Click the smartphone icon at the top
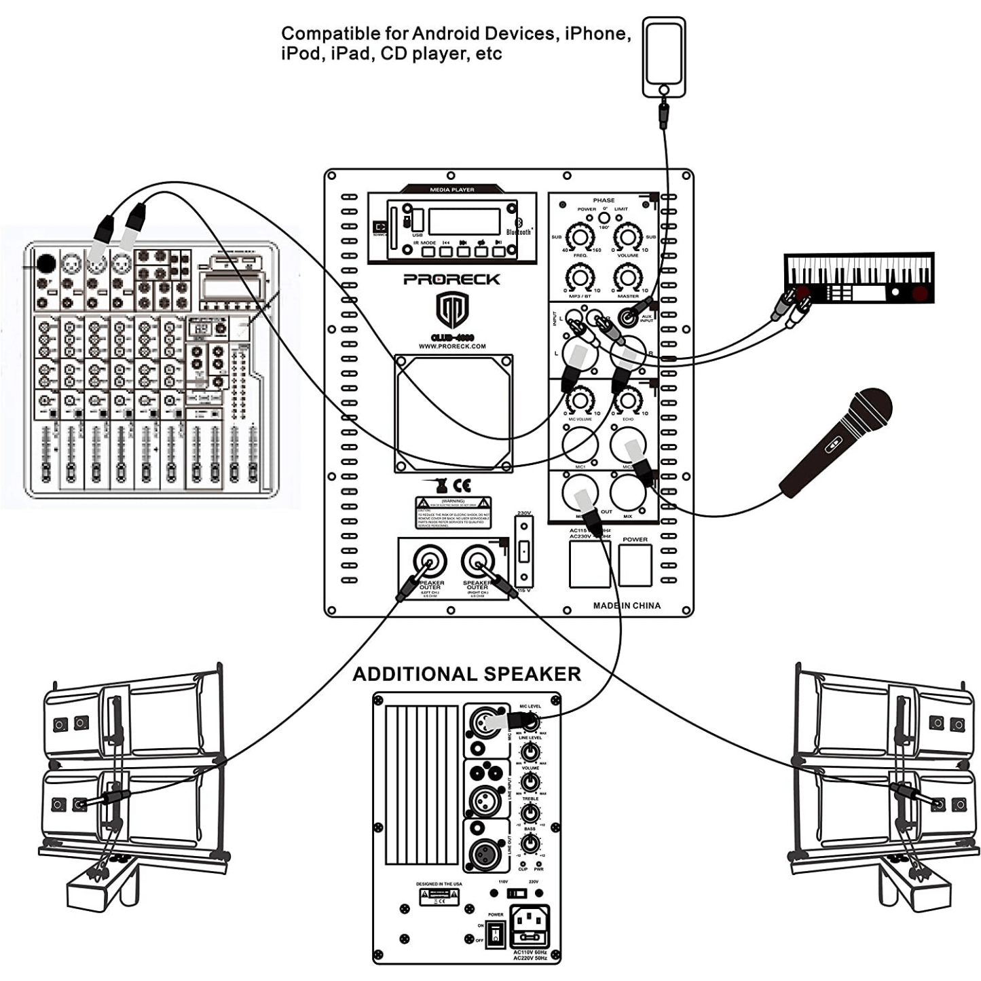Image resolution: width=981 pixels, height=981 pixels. [x=664, y=57]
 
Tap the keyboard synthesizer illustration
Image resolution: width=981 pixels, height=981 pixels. [x=859, y=278]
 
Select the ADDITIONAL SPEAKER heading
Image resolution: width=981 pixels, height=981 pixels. [x=466, y=674]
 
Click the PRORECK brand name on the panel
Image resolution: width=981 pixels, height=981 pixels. [x=451, y=279]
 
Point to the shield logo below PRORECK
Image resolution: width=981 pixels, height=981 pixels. [x=451, y=310]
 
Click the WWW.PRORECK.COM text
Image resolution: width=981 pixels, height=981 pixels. [x=451, y=346]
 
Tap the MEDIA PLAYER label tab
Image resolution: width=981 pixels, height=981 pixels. [x=452, y=189]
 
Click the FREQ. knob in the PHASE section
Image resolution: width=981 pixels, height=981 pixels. [x=580, y=237]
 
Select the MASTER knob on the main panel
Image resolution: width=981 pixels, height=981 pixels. [x=627, y=277]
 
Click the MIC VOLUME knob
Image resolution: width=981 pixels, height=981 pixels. [x=580, y=400]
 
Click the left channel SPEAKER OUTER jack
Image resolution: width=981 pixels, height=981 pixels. [x=430, y=561]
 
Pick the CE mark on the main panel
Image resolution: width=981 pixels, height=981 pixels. [x=462, y=485]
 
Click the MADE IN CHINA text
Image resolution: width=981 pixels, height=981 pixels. [x=626, y=606]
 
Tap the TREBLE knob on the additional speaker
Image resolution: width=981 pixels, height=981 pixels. [x=530, y=812]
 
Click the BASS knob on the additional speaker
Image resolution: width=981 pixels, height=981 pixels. [x=530, y=843]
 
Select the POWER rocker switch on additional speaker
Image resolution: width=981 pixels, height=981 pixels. [x=496, y=934]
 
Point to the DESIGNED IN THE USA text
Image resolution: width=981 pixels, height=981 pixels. [x=439, y=884]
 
